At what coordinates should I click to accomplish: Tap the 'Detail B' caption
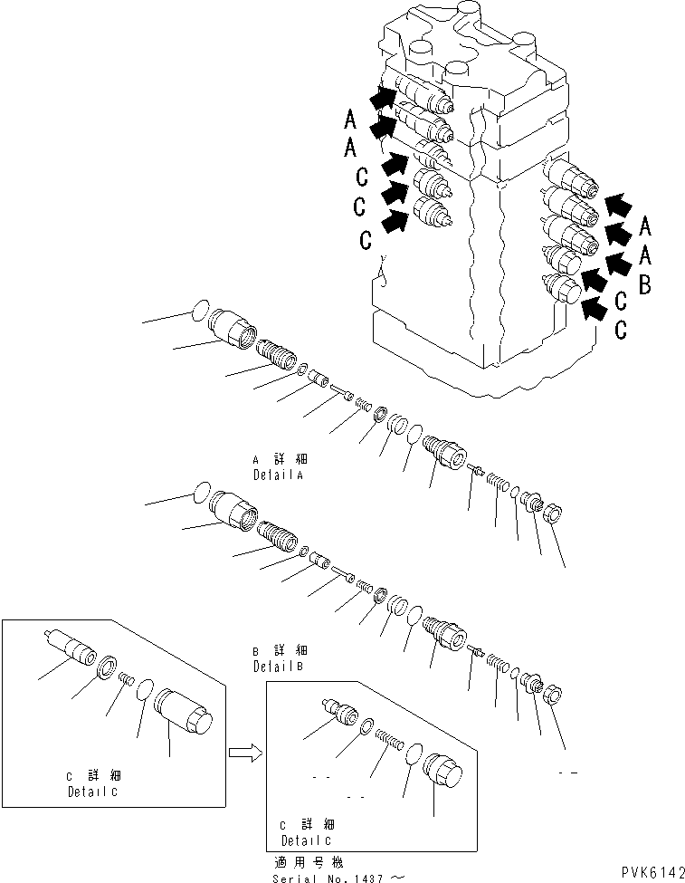point(280,666)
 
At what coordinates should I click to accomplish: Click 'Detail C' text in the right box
point(308,839)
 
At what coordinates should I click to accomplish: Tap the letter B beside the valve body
point(644,285)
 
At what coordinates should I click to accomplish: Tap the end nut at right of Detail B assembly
point(554,695)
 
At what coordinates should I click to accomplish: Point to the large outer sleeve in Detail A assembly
point(234,329)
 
